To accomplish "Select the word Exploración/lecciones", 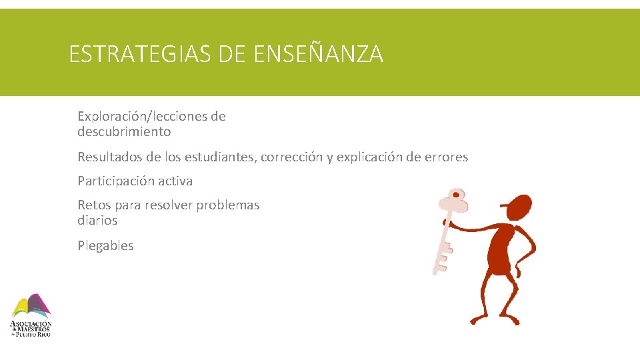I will pos(142,117).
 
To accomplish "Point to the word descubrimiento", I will pos(124,132).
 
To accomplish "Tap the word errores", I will pos(446,157).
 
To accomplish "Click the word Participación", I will pos(112,181).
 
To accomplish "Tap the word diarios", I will pos(97,221).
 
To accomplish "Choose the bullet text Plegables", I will pos(105,246).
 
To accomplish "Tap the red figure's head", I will pos(516,208).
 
